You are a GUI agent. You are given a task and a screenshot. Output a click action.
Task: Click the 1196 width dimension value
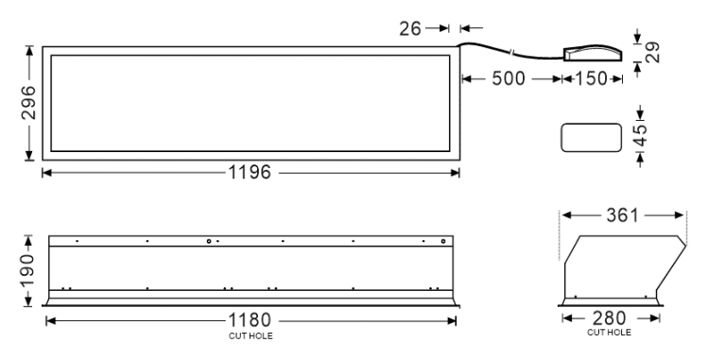[250, 172]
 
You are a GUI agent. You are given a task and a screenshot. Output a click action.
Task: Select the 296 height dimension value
[29, 102]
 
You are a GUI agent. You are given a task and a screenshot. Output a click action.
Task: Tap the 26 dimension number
[410, 29]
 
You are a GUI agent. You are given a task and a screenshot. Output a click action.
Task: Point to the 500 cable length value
[509, 79]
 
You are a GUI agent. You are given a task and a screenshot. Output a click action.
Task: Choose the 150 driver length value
[591, 79]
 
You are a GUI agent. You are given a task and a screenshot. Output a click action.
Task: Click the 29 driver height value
[652, 52]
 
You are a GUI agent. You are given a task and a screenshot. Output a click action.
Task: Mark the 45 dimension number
[640, 134]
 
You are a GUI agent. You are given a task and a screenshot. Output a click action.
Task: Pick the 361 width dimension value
[623, 215]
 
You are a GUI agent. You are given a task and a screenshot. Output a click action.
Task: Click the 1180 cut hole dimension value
[250, 320]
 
